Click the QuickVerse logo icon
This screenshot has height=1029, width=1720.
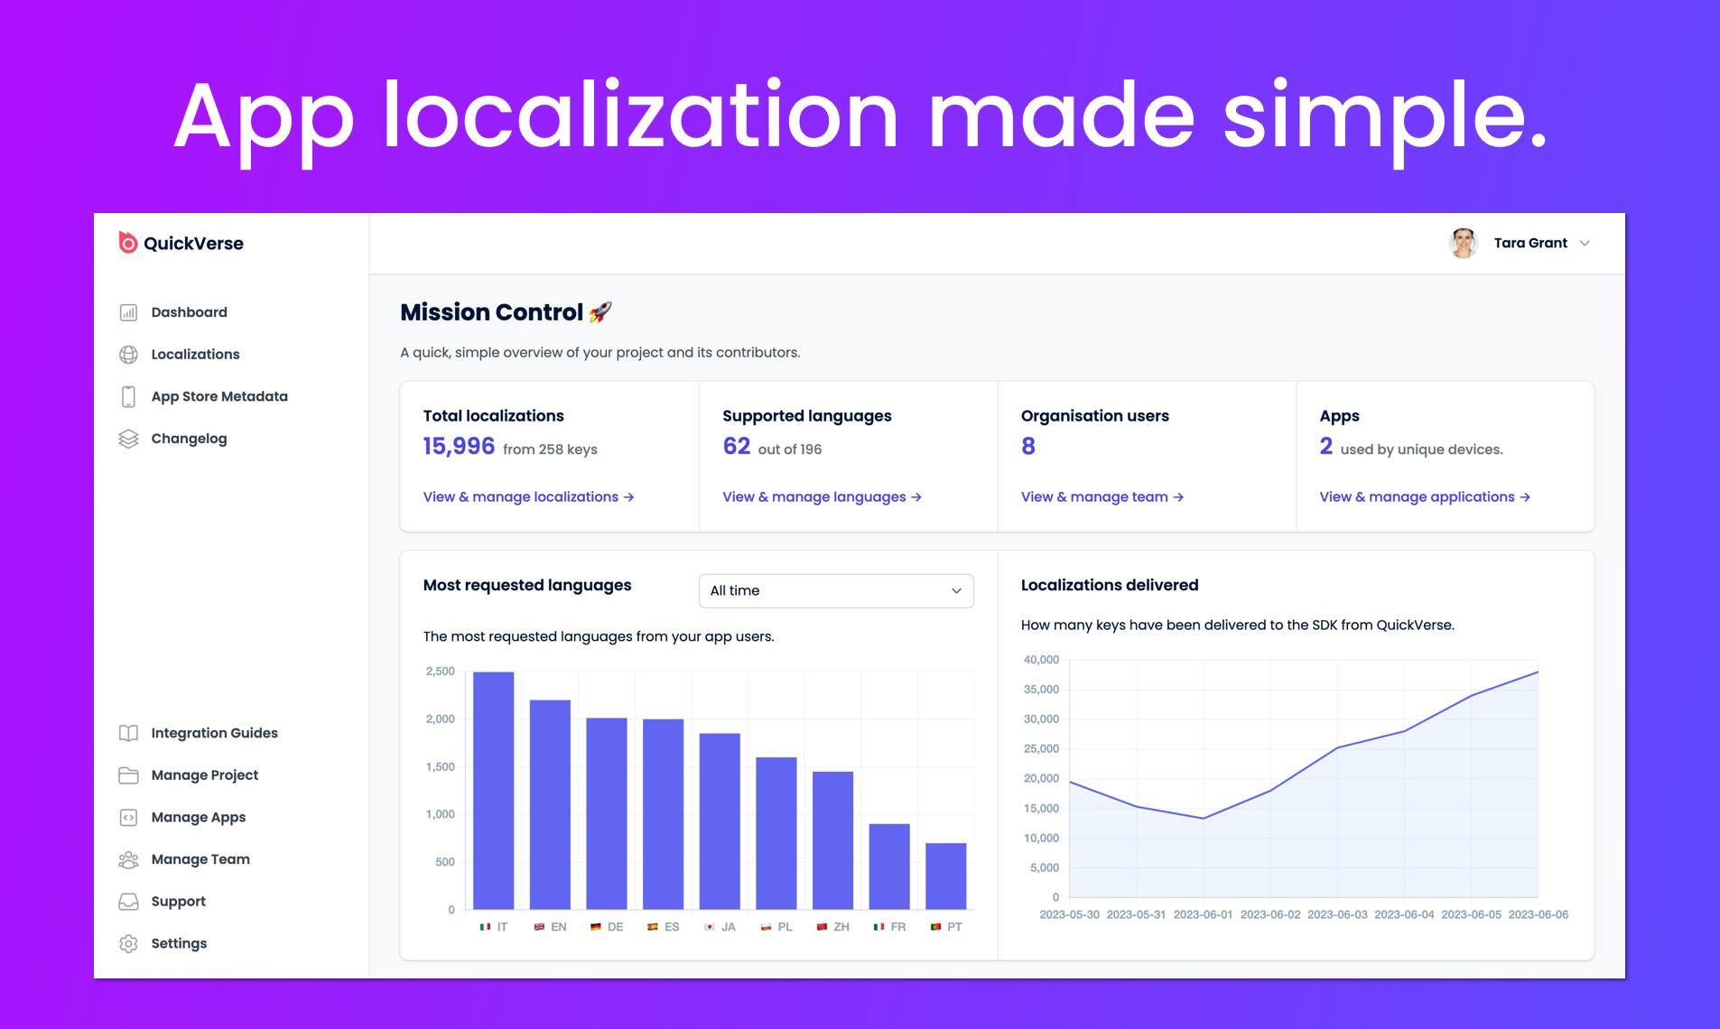(x=128, y=243)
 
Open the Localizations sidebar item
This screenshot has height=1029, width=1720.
(x=195, y=355)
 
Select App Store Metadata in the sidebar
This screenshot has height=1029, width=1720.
(x=219, y=396)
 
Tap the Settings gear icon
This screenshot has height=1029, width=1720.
(x=128, y=943)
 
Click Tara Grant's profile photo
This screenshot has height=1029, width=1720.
(x=1463, y=243)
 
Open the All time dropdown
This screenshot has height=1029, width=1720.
(x=836, y=590)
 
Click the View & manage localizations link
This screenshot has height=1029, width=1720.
(x=528, y=497)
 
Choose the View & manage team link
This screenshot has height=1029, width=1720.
(x=1102, y=497)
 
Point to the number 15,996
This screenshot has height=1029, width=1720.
(x=459, y=446)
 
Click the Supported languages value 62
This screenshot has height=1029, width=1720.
(x=736, y=446)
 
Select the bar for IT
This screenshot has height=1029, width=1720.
(x=493, y=791)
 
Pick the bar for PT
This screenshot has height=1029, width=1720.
(x=945, y=876)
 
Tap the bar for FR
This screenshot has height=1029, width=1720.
(x=889, y=867)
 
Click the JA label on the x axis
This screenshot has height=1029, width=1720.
(x=729, y=927)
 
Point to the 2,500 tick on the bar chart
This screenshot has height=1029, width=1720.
(x=440, y=672)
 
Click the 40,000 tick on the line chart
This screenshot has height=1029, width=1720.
(x=1041, y=660)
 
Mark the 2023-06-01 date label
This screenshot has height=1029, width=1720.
(x=1203, y=914)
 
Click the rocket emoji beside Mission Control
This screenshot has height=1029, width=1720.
(x=600, y=312)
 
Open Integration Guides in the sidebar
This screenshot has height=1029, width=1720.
(x=214, y=733)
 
